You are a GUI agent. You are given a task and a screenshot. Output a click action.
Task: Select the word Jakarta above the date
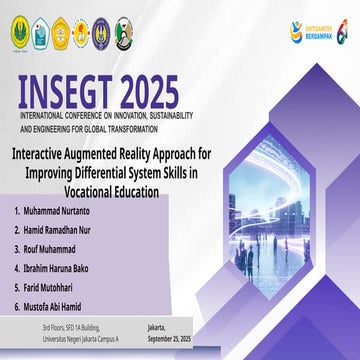[x=157, y=327]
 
